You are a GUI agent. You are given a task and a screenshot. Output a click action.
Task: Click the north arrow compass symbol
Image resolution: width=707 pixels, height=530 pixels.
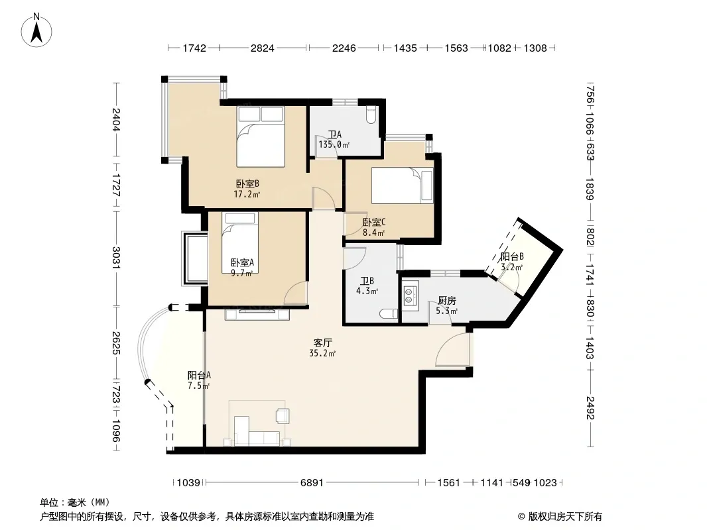pyautogui.click(x=36, y=30)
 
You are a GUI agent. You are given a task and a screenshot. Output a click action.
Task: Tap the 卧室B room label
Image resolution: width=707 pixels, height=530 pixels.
pyautogui.click(x=247, y=184)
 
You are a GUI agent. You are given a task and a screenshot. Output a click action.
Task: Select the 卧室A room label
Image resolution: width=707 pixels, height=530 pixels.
pyautogui.click(x=242, y=262)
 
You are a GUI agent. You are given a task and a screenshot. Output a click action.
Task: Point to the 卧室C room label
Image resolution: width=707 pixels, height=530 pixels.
pyautogui.click(x=374, y=223)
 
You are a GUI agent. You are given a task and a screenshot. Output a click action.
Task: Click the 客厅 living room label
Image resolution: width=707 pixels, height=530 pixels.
pyautogui.click(x=323, y=343)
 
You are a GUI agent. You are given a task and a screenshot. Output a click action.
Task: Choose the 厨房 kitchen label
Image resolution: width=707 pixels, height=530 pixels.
pyautogui.click(x=447, y=301)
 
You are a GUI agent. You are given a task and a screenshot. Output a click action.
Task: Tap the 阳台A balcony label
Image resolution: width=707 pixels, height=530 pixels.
pyautogui.click(x=199, y=375)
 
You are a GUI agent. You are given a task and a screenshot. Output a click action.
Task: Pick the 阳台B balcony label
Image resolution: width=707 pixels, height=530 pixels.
pyautogui.click(x=512, y=256)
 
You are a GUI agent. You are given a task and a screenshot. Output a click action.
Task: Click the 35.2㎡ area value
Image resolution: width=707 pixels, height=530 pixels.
pyautogui.click(x=322, y=354)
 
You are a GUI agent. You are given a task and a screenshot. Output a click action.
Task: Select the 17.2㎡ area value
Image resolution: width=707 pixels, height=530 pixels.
pyautogui.click(x=247, y=195)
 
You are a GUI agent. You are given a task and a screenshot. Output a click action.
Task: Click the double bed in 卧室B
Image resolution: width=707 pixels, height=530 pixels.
pyautogui.click(x=261, y=136)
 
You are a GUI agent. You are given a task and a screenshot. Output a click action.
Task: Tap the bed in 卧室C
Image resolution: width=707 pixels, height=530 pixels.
pyautogui.click(x=402, y=185)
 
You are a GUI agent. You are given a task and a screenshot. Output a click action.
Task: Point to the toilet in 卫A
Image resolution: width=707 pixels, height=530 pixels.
pyautogui.click(x=371, y=115)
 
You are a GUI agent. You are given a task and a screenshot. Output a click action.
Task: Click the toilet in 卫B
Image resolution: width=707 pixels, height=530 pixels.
pyautogui.click(x=388, y=313)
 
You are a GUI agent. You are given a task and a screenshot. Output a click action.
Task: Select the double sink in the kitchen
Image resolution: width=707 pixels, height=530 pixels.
pyautogui.click(x=411, y=295)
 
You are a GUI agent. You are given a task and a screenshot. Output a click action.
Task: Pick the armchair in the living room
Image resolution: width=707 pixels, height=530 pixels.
pyautogui.click(x=283, y=415)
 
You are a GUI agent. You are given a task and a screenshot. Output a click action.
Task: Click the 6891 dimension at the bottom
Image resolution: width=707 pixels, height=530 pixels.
pyautogui.click(x=312, y=483)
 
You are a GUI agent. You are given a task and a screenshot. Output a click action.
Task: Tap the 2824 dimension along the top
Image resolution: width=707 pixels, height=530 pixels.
pyautogui.click(x=263, y=48)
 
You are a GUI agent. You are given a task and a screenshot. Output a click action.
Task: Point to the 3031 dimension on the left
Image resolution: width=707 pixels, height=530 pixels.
pyautogui.click(x=116, y=258)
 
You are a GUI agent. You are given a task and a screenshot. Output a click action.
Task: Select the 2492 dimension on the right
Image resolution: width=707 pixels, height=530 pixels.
pyautogui.click(x=590, y=407)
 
